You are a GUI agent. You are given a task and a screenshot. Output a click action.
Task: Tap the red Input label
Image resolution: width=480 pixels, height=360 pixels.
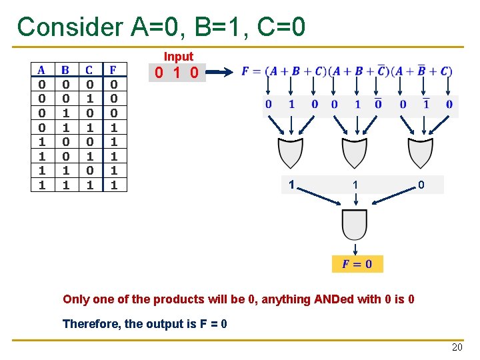pyautogui.click(x=179, y=57)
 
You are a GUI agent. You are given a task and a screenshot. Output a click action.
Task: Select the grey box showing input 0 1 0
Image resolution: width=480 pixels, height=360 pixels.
pyautogui.click(x=177, y=72)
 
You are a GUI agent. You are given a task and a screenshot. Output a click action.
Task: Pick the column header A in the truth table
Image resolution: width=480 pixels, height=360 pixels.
pyautogui.click(x=41, y=70)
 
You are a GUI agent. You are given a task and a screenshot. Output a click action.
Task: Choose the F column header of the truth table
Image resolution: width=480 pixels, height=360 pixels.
pyautogui.click(x=113, y=70)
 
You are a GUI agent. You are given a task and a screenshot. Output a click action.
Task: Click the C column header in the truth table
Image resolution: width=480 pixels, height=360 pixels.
pyautogui.click(x=89, y=70)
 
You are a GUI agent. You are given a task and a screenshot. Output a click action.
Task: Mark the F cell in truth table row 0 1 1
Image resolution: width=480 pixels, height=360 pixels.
pyautogui.click(x=113, y=127)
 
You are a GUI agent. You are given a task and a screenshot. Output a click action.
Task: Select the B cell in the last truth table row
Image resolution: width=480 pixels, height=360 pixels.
pyautogui.click(x=65, y=185)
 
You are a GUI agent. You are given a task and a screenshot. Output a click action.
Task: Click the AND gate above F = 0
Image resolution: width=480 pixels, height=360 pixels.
pyautogui.click(x=355, y=224)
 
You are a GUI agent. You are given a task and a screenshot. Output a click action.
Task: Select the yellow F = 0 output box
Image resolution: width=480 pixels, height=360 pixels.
pyautogui.click(x=357, y=263)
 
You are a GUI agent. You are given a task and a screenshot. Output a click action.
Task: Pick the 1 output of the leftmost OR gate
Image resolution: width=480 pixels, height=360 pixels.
pyautogui.click(x=291, y=184)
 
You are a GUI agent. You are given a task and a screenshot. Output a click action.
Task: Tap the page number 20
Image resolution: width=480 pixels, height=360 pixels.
pyautogui.click(x=457, y=347)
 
